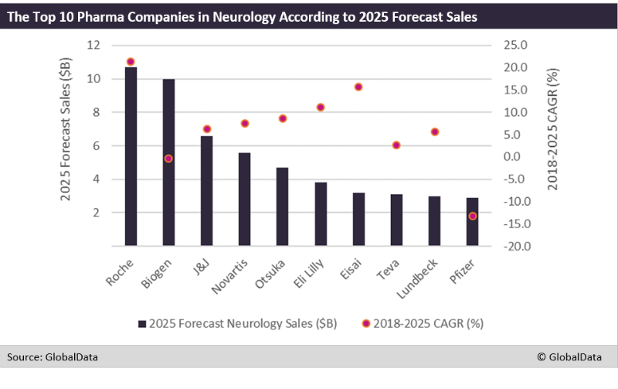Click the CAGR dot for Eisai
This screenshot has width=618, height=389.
pos(358,87)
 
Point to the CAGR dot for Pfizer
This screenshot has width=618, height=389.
pos(472,216)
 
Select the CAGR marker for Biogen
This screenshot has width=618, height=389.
pos(168,159)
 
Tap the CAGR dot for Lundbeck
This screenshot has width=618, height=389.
pos(434,132)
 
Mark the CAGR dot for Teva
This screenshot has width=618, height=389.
pos(396,145)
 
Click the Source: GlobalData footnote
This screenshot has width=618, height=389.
pos(53,357)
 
